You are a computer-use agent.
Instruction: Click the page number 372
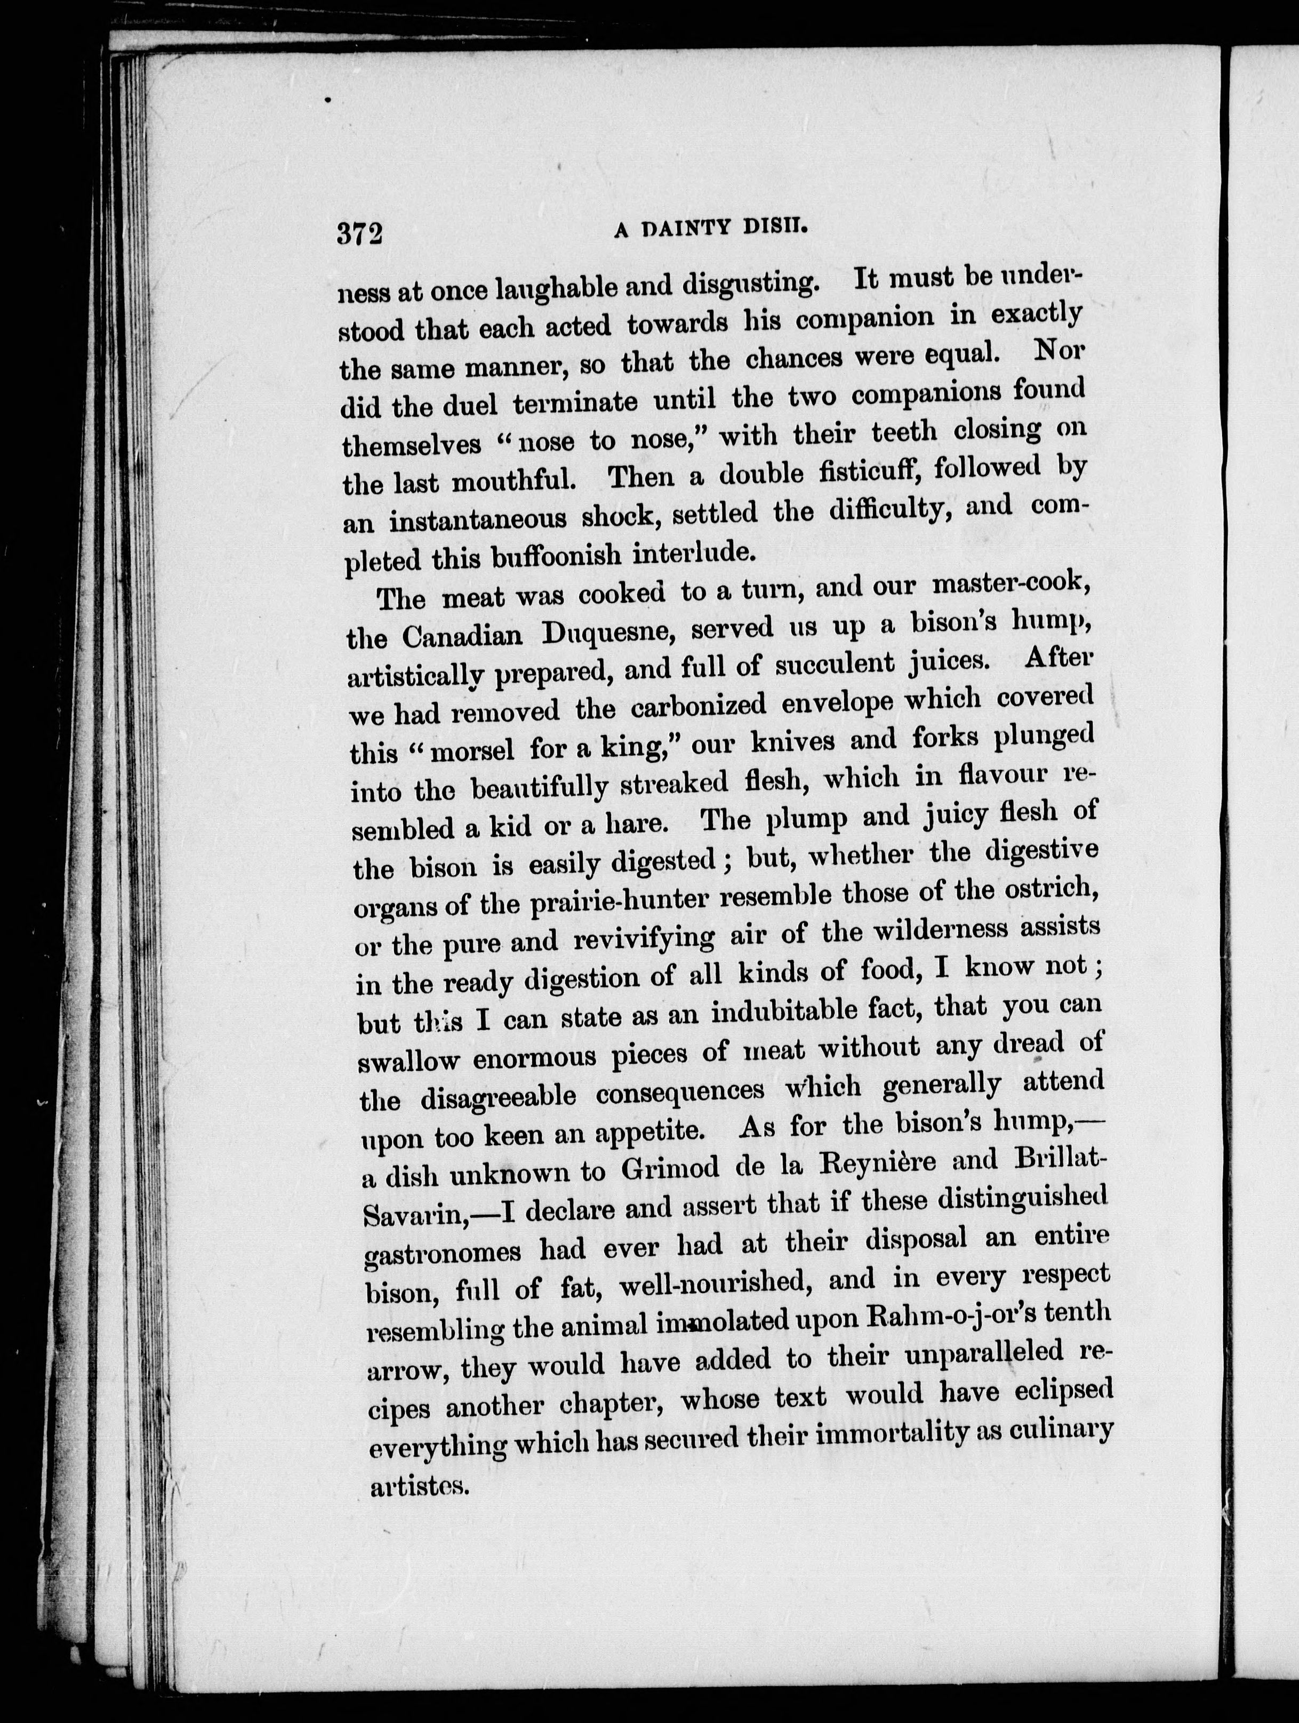(x=360, y=233)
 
